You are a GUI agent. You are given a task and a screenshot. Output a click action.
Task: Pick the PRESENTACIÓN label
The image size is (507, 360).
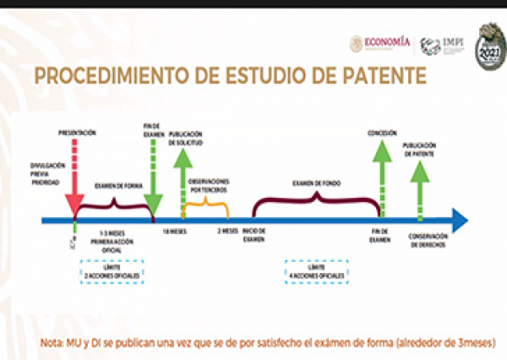click(77, 133)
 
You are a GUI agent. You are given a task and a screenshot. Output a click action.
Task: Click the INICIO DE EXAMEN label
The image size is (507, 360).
click(253, 235)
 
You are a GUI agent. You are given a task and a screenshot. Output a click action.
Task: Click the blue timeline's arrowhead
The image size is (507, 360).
click(458, 221)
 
